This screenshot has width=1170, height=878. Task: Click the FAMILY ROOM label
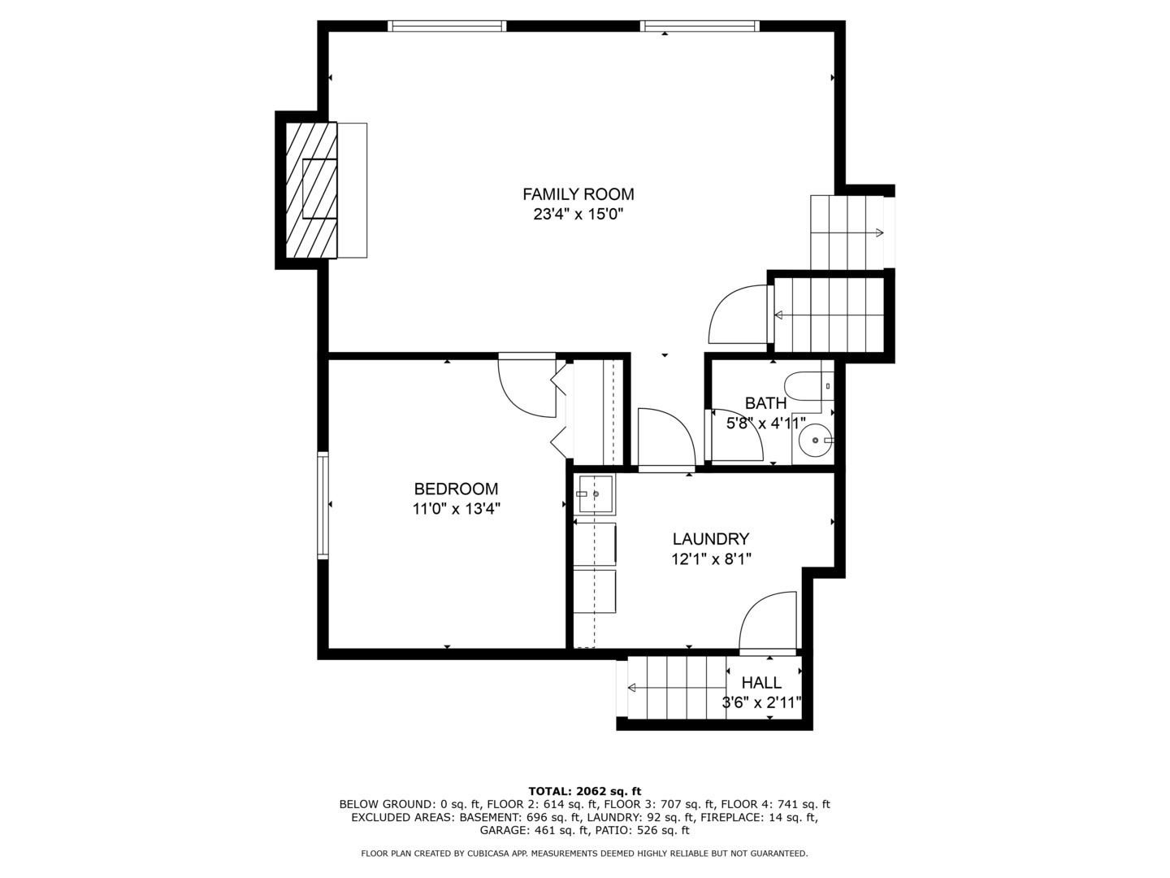pyautogui.click(x=578, y=194)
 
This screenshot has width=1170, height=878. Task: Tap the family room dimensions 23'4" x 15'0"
pyautogui.click(x=578, y=215)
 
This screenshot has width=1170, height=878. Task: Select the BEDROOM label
pyautogui.click(x=456, y=489)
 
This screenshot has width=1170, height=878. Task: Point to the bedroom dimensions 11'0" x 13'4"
pyautogui.click(x=456, y=509)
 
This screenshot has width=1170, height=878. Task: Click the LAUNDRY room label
pyautogui.click(x=710, y=539)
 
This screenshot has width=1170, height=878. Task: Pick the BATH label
pyautogui.click(x=765, y=403)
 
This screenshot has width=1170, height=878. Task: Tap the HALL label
pyautogui.click(x=761, y=683)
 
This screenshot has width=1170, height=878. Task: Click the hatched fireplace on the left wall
pyautogui.click(x=310, y=190)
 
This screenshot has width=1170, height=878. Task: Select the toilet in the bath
pyautogui.click(x=808, y=385)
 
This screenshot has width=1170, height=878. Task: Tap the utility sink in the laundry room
pyautogui.click(x=594, y=493)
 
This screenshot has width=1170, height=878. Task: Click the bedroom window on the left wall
pyautogui.click(x=323, y=505)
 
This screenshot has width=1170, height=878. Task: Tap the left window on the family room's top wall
pyautogui.click(x=447, y=26)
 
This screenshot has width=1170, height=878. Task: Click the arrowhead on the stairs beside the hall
pyautogui.click(x=632, y=688)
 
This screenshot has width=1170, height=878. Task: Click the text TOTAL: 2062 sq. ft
pyautogui.click(x=584, y=791)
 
